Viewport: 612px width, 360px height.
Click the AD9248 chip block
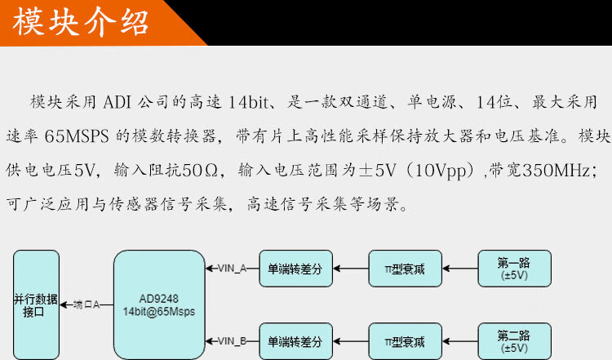159,303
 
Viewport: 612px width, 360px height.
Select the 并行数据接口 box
36,304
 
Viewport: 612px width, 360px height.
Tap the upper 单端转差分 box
295,269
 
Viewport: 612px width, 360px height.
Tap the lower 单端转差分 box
295,341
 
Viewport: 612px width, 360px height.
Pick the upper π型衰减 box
405,269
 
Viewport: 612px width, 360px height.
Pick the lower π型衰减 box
405,341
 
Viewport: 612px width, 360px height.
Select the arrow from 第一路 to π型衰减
459,269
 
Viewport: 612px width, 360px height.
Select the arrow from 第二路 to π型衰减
459,341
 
